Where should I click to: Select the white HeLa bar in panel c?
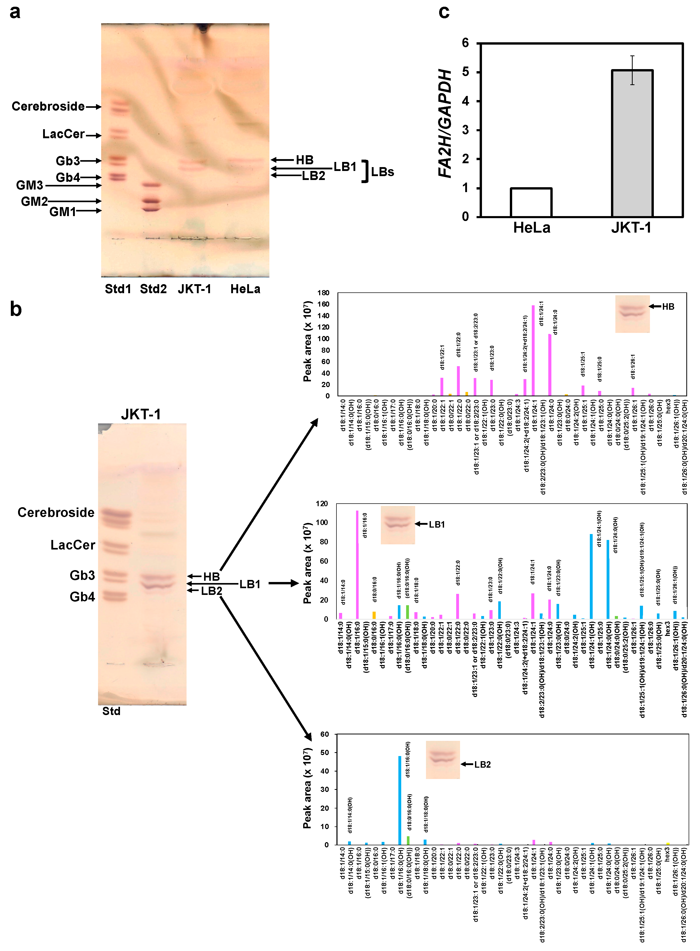pos(531,202)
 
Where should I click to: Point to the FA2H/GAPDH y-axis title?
pos(445,123)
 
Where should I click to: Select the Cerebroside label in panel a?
pos(48,106)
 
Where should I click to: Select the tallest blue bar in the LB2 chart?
pos(400,800)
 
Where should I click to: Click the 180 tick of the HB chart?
pos(323,293)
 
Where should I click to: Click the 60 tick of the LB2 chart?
pos(325,734)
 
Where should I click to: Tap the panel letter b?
pos(16,309)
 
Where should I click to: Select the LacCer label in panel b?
pos(73,545)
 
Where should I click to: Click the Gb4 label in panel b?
pos(82,597)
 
